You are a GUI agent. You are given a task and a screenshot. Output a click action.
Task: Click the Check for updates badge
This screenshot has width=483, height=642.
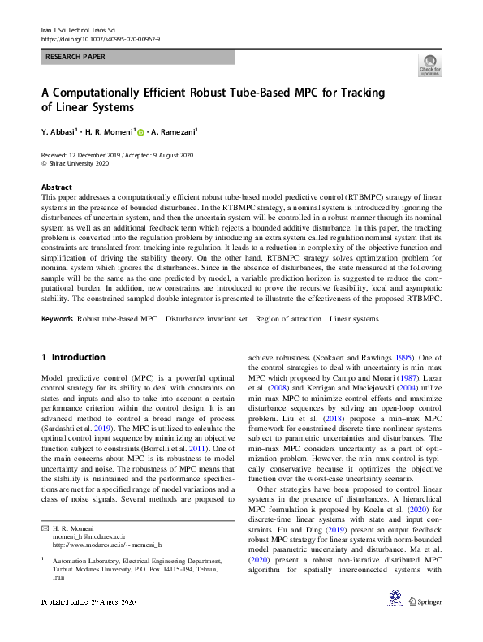429,66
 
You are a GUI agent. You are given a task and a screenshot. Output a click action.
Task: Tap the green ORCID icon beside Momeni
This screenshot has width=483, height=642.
140,131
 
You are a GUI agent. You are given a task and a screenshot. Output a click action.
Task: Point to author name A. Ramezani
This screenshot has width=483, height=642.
174,131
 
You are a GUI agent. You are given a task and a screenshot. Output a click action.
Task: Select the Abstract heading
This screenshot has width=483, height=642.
57,186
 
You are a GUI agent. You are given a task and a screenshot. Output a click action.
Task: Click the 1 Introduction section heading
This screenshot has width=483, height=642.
73,357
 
